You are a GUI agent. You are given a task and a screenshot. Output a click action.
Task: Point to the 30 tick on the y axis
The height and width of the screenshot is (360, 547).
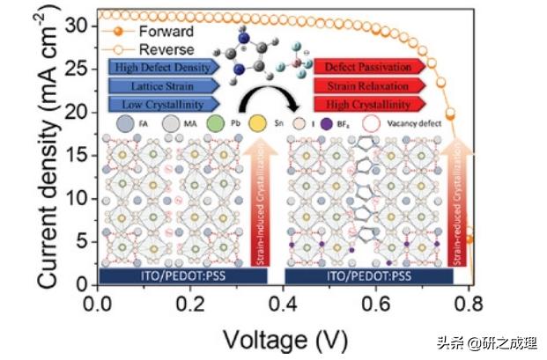click(x=78, y=26)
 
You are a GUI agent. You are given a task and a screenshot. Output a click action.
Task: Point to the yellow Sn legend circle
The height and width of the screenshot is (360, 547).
click(x=258, y=125)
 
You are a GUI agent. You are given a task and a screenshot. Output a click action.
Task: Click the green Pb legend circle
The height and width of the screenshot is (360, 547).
click(x=214, y=125)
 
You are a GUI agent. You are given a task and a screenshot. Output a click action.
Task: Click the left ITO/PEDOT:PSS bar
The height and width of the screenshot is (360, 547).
click(x=183, y=276)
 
